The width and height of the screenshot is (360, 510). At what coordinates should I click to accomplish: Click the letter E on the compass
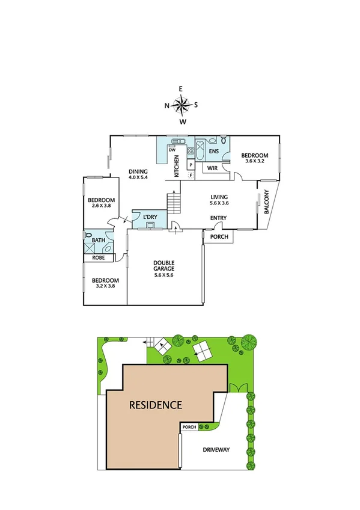pos(181,88)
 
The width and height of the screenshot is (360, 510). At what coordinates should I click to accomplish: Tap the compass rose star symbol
pos(181,105)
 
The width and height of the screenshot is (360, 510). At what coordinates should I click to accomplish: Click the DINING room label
pos(138,171)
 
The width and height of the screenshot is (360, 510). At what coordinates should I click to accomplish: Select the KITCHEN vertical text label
pos(177,165)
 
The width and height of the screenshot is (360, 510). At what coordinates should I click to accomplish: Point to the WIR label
pos(212,168)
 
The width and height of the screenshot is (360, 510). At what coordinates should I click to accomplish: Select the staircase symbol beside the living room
pos(173,203)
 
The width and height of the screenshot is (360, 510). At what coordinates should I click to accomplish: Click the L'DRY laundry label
pos(150,216)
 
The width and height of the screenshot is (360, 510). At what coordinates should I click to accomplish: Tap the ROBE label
pos(98,257)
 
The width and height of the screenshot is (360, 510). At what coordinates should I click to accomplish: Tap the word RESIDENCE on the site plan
pos(156,405)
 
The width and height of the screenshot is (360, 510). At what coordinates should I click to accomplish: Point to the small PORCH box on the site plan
pos(189,428)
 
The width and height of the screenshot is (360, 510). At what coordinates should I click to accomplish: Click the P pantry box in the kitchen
pos(191,164)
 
